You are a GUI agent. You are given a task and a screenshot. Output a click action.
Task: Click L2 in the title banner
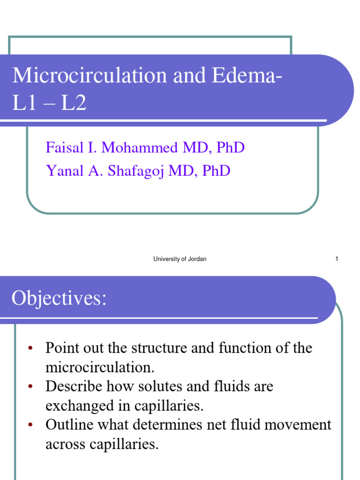tap(74, 104)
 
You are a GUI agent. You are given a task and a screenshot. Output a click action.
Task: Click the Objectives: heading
tap(59, 298)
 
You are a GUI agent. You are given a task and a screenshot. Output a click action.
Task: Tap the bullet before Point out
tap(30, 348)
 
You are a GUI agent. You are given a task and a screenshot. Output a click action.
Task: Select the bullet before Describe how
tap(30, 387)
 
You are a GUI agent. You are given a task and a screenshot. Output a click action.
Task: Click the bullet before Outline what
tap(30, 425)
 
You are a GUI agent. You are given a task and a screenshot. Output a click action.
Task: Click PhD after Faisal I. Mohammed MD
tap(230, 148)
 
